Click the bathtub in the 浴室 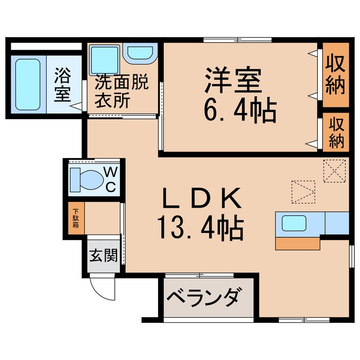(28, 84)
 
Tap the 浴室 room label (62, 85)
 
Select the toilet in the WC (86, 180)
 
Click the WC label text (111, 179)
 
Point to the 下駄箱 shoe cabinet (76, 218)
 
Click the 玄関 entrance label (103, 255)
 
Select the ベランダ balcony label (205, 297)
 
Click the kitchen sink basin (294, 223)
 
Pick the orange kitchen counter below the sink (298, 244)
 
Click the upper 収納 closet (336, 75)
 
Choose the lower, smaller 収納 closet (336, 132)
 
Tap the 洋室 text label (233, 80)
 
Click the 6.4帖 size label (240, 112)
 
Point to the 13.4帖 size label (200, 228)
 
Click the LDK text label (202, 198)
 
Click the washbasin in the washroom (140, 53)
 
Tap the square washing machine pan (105, 60)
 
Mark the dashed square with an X (334, 171)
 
